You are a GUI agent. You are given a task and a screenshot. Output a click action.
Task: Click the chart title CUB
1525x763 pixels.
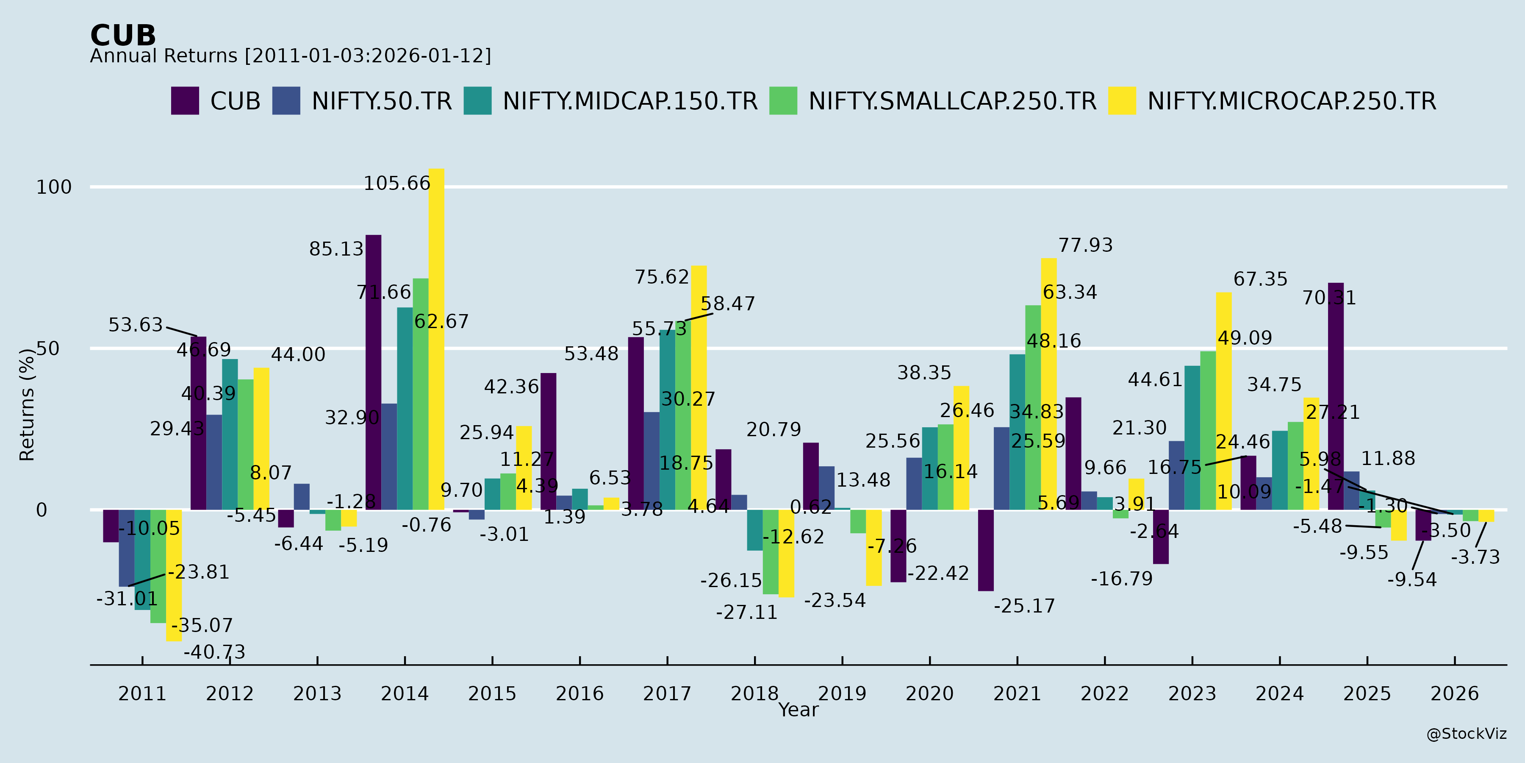point(123,36)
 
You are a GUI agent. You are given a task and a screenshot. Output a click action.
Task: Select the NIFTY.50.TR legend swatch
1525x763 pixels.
point(286,101)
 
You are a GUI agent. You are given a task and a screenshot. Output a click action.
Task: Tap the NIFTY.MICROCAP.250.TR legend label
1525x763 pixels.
point(1291,101)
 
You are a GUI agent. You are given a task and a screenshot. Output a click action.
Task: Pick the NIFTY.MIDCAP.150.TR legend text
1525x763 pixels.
point(630,101)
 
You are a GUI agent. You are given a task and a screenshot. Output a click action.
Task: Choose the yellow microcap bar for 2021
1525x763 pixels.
point(1048,384)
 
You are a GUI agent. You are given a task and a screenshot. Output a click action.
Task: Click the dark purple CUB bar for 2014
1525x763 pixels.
point(374,372)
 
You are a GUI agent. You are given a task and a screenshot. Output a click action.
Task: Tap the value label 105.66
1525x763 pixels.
point(396,184)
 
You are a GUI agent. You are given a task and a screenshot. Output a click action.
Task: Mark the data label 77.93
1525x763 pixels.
point(1085,245)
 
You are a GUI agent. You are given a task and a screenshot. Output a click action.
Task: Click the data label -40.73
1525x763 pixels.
point(214,652)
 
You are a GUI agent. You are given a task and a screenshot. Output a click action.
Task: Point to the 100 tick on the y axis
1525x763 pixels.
point(54,187)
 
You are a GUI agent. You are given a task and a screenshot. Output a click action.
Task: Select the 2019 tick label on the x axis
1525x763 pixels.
point(842,693)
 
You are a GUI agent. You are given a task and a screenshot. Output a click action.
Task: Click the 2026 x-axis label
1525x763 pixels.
point(1455,693)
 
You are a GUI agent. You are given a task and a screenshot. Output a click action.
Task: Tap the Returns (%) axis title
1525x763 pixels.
point(27,405)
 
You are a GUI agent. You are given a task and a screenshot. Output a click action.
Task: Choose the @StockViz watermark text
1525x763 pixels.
point(1466,734)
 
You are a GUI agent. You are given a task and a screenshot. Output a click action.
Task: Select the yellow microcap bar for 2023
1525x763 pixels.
point(1224,401)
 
